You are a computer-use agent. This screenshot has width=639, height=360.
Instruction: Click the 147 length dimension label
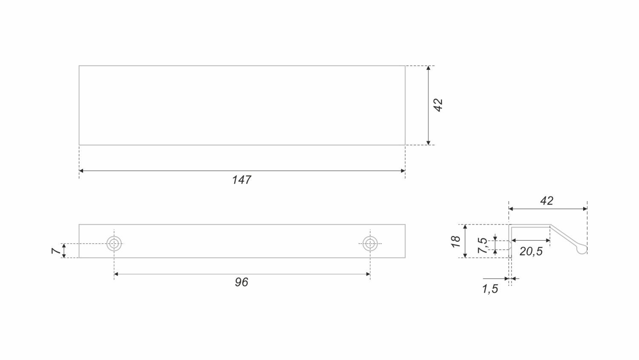[242, 180]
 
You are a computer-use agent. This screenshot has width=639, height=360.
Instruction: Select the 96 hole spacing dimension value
[242, 282]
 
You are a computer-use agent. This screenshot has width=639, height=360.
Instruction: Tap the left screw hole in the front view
[114, 244]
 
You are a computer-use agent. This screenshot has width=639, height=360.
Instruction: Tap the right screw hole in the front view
[370, 244]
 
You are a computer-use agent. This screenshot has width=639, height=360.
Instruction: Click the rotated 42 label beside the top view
[438, 105]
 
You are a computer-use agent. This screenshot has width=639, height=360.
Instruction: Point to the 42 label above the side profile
[547, 201]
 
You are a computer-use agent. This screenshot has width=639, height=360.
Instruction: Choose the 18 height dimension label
[456, 241]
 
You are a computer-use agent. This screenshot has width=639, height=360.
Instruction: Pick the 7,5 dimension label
[483, 245]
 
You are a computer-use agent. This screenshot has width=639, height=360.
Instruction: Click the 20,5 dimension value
[531, 251]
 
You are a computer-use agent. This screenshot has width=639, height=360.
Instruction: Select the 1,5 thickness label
[490, 289]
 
